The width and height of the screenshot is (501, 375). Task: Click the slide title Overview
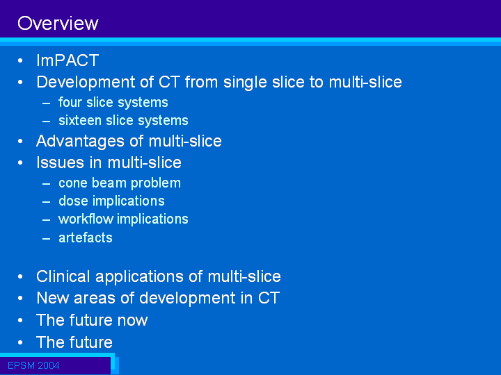[58, 24]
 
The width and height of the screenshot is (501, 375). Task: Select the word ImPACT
[67, 60]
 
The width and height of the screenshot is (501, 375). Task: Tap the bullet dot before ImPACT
[20, 60]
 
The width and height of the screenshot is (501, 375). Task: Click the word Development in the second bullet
[86, 82]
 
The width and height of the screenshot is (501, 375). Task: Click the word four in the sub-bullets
[70, 102]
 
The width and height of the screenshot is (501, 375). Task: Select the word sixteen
[80, 120]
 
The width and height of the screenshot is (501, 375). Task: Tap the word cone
[73, 183]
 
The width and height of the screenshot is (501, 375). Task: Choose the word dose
[73, 201]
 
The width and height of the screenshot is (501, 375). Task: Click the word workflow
[86, 219]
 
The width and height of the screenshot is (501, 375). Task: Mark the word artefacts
[86, 237]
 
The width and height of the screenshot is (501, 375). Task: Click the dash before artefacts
[46, 238]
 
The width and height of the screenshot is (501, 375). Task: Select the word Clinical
[63, 276]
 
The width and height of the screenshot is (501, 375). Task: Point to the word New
[53, 298]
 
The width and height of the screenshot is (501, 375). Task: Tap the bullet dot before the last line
[20, 342]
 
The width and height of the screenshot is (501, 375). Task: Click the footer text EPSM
[21, 365]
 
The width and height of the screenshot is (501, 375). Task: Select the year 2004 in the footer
[48, 365]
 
